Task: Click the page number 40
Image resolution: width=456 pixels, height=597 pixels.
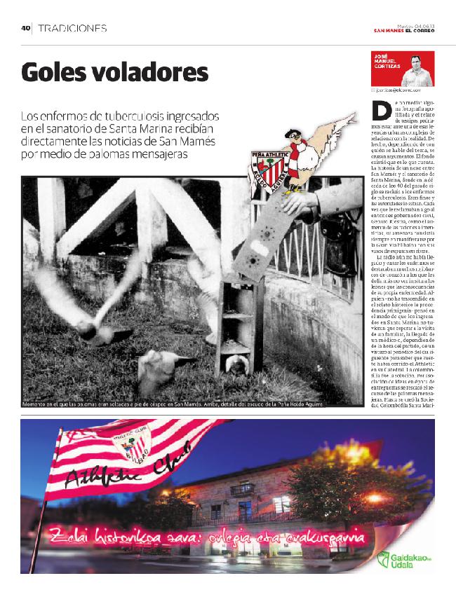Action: tap(25, 29)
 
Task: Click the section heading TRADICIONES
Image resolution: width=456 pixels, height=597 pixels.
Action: tap(73, 29)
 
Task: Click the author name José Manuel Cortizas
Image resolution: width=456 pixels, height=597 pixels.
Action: tap(388, 62)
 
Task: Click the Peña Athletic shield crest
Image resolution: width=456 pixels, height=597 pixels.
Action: tap(266, 167)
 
